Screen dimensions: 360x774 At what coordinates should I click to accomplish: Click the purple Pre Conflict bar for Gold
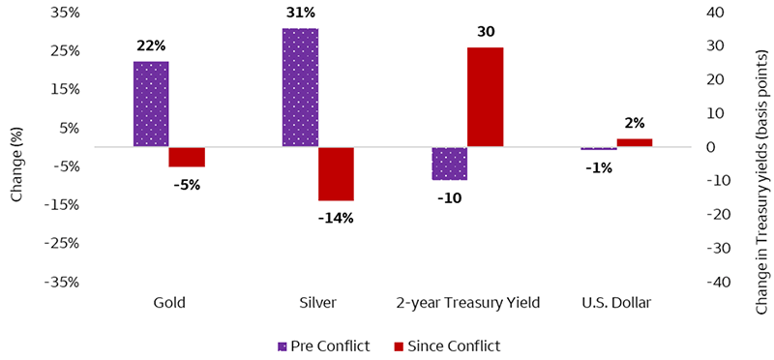[151, 104]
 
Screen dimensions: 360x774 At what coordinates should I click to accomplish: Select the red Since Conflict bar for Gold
[187, 157]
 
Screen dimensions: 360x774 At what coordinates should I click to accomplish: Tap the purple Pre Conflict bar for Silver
[300, 87]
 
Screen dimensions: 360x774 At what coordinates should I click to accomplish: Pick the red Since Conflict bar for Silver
[336, 174]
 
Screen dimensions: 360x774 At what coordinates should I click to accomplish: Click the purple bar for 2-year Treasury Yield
[449, 164]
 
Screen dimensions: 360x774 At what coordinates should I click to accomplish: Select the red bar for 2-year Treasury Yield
[485, 97]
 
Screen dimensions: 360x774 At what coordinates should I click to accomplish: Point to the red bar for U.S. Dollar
[634, 142]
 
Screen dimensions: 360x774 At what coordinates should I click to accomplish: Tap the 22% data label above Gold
[151, 45]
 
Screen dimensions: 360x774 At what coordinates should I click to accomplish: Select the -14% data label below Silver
[336, 218]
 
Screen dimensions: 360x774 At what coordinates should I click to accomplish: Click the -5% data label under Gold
[186, 184]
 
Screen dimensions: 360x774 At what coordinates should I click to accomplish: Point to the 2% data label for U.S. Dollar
[634, 123]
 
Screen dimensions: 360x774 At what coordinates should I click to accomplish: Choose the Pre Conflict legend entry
[324, 345]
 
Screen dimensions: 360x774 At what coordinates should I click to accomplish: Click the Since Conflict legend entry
[446, 345]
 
